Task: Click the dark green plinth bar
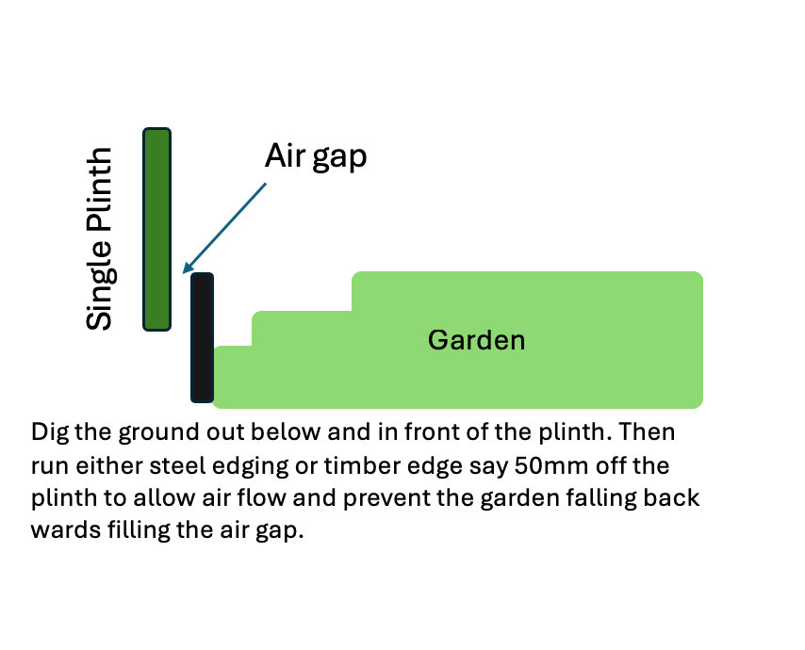click(x=156, y=229)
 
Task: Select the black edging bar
click(x=202, y=337)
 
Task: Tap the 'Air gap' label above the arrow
click(x=315, y=156)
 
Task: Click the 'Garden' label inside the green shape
click(x=476, y=340)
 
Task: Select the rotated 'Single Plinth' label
click(x=100, y=239)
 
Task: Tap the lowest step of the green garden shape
click(x=233, y=377)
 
